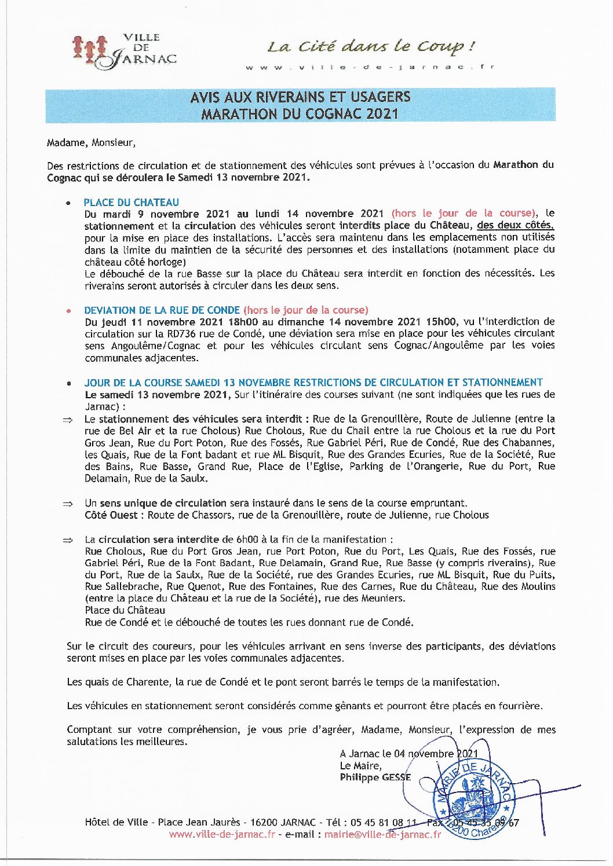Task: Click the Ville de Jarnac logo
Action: tap(124, 51)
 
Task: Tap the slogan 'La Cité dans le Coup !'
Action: tap(371, 46)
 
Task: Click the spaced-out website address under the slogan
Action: tap(370, 68)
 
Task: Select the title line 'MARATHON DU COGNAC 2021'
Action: tap(300, 113)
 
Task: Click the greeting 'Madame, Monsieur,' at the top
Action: tap(91, 142)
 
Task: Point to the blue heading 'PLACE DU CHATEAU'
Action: tap(132, 202)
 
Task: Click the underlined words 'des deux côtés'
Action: tap(515, 225)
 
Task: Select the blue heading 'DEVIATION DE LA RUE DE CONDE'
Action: tap(162, 310)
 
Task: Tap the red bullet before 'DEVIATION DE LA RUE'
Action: tap(69, 310)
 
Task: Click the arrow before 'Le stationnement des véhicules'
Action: tap(68, 419)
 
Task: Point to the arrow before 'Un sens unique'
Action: tap(68, 504)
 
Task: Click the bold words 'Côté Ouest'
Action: tap(111, 515)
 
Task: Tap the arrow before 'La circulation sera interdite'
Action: tap(68, 540)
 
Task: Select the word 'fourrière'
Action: tap(523, 706)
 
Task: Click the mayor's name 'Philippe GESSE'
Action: tap(375, 777)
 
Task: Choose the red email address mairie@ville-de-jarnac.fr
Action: tap(382, 834)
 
